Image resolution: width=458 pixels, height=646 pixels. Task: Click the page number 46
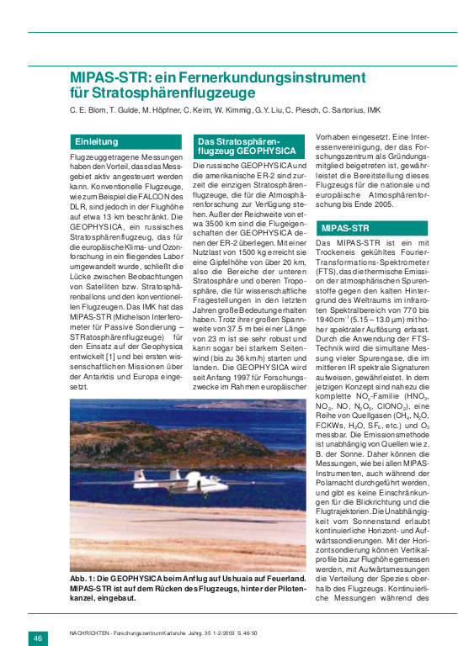[x=39, y=638]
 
